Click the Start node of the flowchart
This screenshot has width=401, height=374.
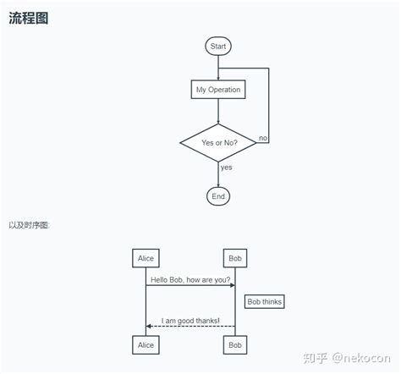[x=218, y=47]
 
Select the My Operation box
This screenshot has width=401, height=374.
[x=218, y=90]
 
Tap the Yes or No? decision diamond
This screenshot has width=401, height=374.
[x=218, y=143]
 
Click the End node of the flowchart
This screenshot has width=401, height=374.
[x=218, y=196]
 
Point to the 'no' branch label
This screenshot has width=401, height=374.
[x=263, y=137]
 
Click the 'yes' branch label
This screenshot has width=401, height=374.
[x=226, y=168]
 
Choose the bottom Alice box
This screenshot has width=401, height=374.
[x=146, y=344]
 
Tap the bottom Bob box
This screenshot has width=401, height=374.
[x=235, y=344]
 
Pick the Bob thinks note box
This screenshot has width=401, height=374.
[x=265, y=301]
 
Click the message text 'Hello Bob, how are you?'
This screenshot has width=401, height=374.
[x=190, y=279]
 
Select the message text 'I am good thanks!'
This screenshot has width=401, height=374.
[x=190, y=320]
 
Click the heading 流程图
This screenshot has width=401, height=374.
[x=28, y=19]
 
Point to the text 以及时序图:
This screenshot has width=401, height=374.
[x=30, y=225]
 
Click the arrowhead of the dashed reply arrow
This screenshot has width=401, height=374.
[x=149, y=326]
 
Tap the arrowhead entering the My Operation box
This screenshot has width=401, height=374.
[x=218, y=78]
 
